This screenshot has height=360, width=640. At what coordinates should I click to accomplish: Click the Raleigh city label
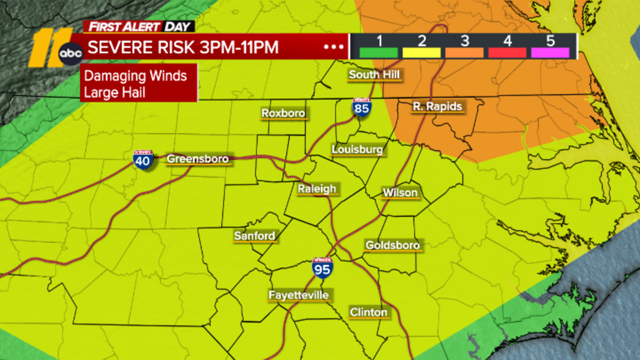(317, 189)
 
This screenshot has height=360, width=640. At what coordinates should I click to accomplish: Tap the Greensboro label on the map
(198, 159)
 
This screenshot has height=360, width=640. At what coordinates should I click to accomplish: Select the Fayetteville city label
(298, 295)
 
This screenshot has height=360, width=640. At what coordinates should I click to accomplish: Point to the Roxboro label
(283, 113)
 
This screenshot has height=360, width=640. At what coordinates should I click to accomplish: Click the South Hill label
(374, 74)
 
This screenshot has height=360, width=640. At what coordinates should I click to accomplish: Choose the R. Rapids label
(437, 106)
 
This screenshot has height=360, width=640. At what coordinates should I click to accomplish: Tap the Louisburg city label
(357, 150)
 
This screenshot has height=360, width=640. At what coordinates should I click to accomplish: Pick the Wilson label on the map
(400, 193)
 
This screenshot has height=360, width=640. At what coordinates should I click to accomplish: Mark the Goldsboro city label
(392, 245)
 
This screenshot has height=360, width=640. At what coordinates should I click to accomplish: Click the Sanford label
(254, 236)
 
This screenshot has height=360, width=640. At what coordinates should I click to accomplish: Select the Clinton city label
(368, 312)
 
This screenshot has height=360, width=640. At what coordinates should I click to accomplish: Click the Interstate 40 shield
(143, 160)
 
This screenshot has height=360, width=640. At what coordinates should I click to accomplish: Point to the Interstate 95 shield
(322, 268)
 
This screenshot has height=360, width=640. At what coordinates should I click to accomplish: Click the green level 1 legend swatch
(378, 53)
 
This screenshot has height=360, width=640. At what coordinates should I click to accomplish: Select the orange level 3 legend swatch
(464, 53)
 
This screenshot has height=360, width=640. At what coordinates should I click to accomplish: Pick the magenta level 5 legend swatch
(550, 53)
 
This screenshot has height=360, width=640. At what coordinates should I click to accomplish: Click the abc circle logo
(71, 53)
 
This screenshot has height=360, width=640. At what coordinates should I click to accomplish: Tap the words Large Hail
(114, 93)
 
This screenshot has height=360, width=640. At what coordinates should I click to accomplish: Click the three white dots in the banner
(334, 47)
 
